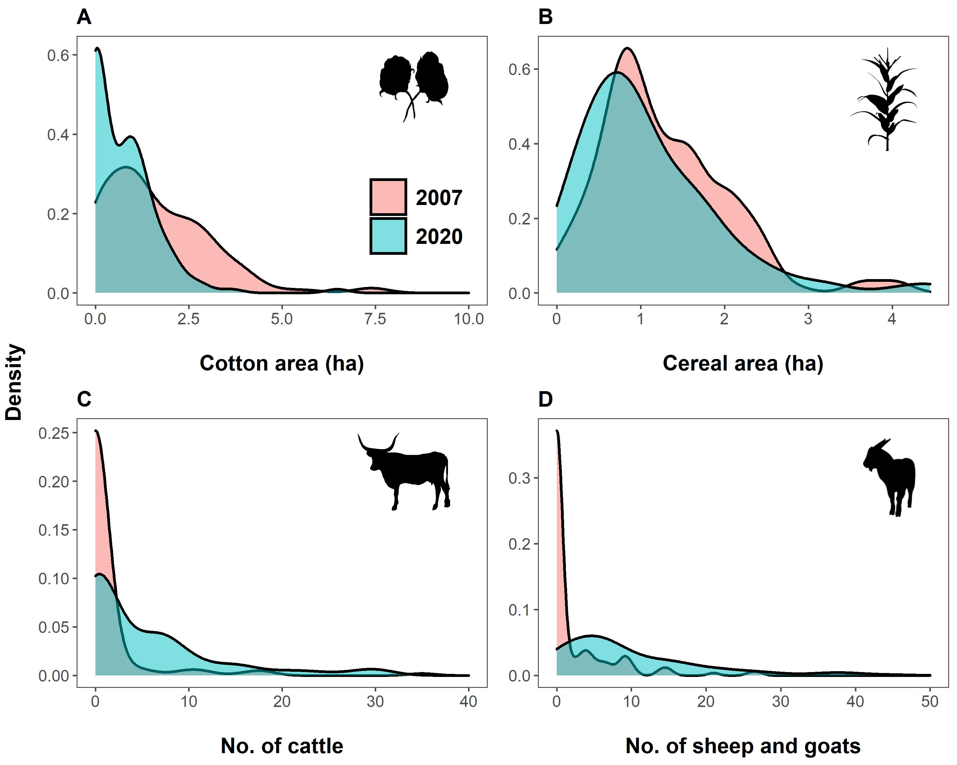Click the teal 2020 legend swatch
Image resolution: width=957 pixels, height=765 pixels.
coord(388,236)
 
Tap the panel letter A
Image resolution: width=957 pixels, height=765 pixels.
coord(84,18)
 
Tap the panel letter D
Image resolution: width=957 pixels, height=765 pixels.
coord(545,400)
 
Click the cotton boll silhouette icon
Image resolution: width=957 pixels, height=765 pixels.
coord(414,84)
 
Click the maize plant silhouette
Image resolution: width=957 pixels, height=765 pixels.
coord(886,100)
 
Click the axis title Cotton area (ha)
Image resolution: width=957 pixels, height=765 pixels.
coord(281,364)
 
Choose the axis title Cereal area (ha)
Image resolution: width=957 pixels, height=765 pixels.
coord(743,364)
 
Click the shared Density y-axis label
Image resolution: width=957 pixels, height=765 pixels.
coord(14,382)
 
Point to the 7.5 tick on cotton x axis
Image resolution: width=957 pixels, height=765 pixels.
coord(375,319)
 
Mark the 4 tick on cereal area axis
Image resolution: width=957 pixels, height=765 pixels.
coord(892,319)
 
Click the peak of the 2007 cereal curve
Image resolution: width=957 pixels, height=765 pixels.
coord(627,48)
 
